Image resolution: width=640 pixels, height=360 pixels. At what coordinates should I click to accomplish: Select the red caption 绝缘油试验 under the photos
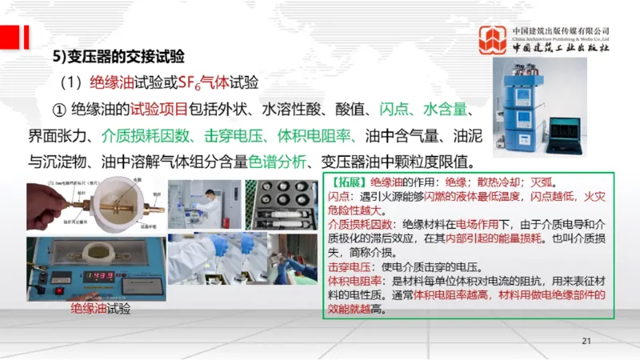pyautogui.click(x=100, y=309)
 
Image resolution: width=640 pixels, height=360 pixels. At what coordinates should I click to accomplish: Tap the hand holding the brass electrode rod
pyautogui.click(x=50, y=205)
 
